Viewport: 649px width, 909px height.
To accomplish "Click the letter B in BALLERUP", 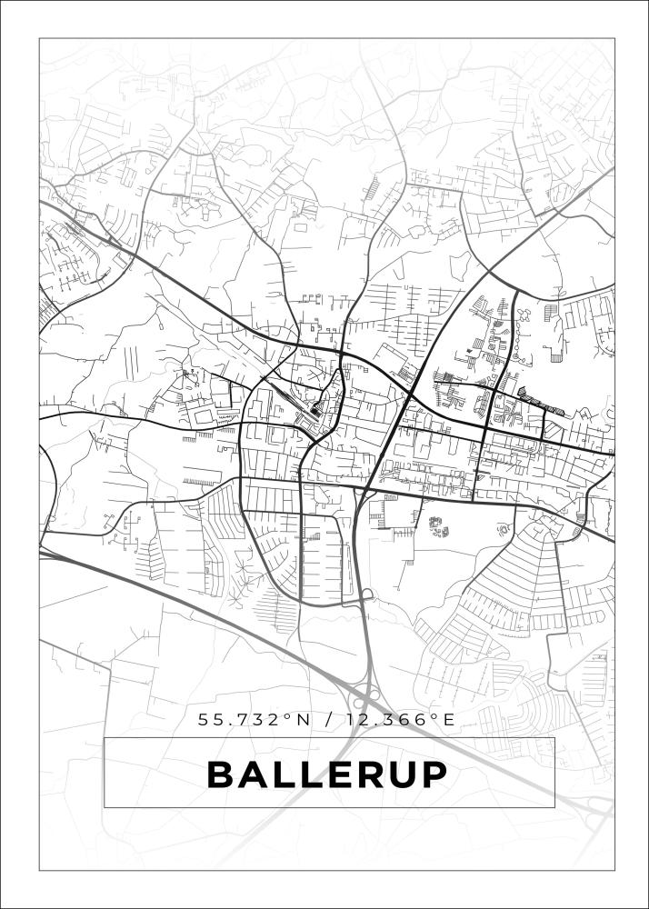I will coord(223,774).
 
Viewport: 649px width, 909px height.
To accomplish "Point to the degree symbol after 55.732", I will coord(288,716).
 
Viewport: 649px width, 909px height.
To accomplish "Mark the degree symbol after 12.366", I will coord(433,716).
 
